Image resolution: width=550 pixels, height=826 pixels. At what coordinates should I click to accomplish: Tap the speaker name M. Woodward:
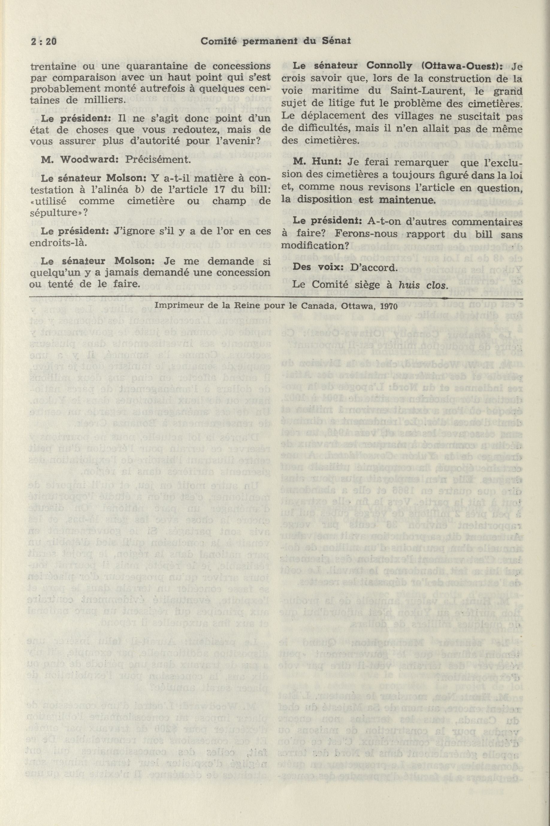pyautogui.click(x=70, y=160)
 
